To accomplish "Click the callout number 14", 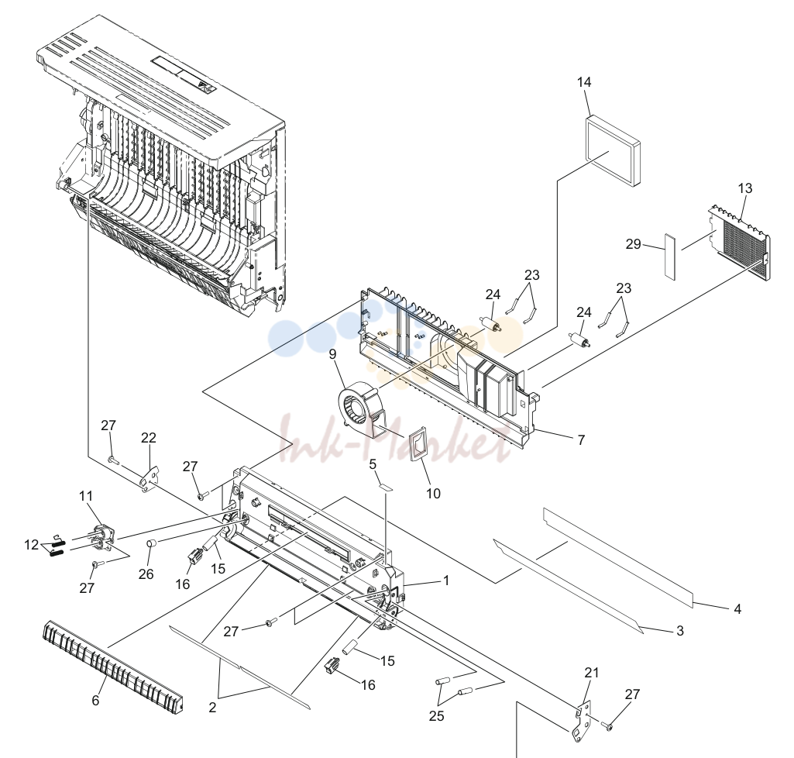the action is point(584,82).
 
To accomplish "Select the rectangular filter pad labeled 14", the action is point(614,151).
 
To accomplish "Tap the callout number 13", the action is point(745,188).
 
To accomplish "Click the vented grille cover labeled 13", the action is point(740,242).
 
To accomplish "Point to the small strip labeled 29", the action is point(670,257).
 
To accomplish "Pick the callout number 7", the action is point(581,439).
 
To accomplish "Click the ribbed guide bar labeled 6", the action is point(112,664).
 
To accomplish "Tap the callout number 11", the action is point(86,495).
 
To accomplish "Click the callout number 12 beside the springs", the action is point(32,545).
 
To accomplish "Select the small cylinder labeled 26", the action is point(150,544).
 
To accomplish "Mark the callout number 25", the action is point(436,716).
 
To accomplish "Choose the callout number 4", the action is point(737,609).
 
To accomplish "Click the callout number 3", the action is point(680,631).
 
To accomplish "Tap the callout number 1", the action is point(446,581).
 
